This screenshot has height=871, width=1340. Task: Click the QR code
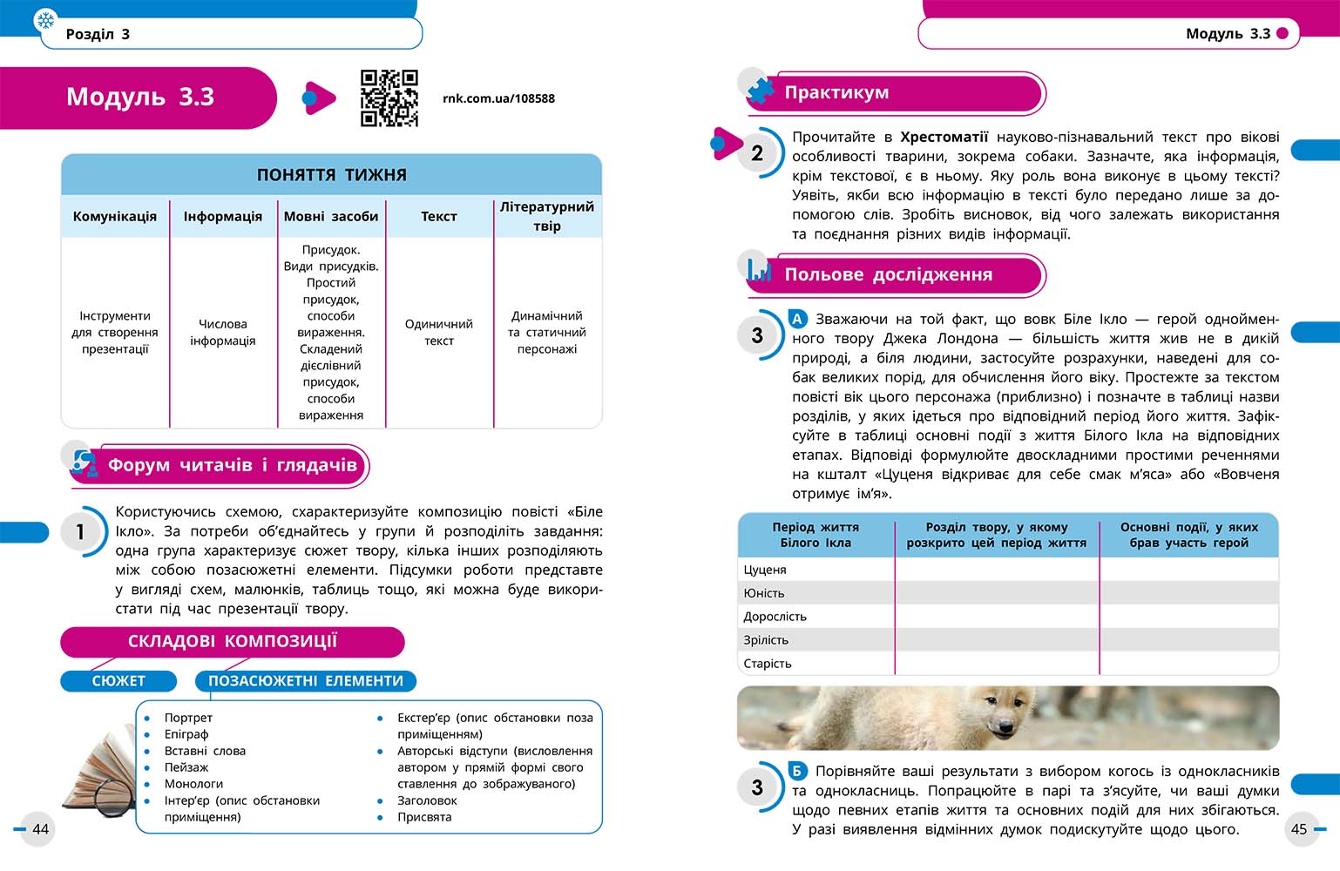[389, 98]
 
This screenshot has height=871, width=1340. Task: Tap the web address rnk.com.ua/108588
[498, 98]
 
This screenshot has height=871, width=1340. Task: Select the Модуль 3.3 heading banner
[139, 97]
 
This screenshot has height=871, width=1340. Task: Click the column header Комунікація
[115, 216]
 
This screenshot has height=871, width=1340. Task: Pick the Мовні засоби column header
[331, 216]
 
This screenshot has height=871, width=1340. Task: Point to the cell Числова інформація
[223, 332]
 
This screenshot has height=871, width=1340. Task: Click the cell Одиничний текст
[439, 332]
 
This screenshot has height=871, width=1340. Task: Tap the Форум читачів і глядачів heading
[232, 465]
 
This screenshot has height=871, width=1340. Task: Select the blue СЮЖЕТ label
[118, 681]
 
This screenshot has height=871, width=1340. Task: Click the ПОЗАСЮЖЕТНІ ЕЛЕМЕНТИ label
[306, 681]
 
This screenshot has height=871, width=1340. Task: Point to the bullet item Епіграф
[186, 734]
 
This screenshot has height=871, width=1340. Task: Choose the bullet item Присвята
[424, 817]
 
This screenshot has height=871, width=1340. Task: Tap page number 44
[40, 829]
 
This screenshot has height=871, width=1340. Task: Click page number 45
[1299, 829]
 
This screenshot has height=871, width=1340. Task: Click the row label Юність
[764, 593]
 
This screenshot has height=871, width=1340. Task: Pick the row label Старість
[768, 664]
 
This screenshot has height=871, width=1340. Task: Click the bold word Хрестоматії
[944, 137]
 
